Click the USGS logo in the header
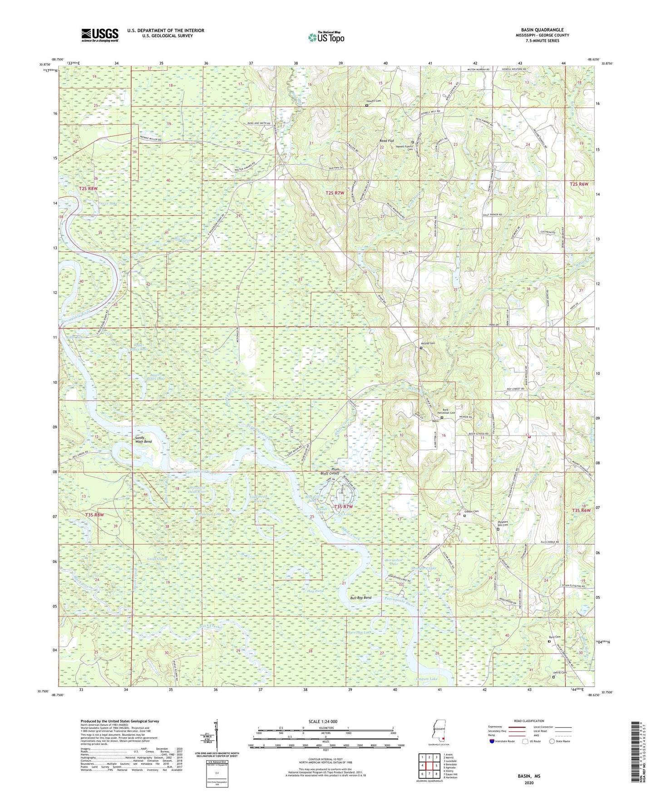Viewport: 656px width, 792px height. pyautogui.click(x=100, y=35)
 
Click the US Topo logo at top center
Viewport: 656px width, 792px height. pyautogui.click(x=326, y=37)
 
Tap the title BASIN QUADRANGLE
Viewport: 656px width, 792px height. pyautogui.click(x=542, y=30)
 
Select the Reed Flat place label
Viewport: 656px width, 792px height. pyautogui.click(x=387, y=141)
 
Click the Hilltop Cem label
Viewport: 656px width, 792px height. pyautogui.click(x=428, y=343)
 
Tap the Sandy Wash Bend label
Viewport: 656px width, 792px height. pyautogui.click(x=143, y=440)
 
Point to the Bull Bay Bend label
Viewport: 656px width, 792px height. pyautogui.click(x=360, y=598)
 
